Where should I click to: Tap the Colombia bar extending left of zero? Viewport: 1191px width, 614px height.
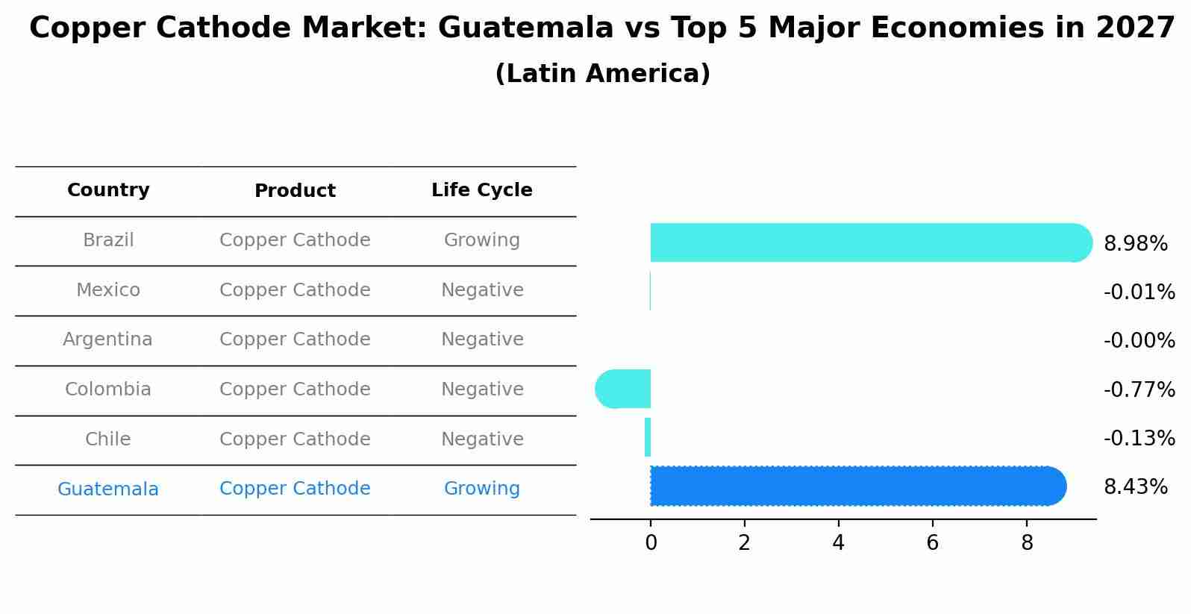(x=623, y=389)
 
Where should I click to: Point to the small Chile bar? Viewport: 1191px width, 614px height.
(x=648, y=437)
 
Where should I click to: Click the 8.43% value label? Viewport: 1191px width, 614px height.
(x=1135, y=487)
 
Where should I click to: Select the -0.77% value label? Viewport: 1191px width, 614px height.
(x=1139, y=389)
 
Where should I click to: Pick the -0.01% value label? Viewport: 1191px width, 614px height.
(x=1139, y=292)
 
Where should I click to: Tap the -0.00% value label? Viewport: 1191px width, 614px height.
(x=1139, y=341)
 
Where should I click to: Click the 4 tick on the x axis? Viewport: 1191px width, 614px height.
(x=838, y=543)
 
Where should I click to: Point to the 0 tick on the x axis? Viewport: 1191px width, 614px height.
(x=651, y=543)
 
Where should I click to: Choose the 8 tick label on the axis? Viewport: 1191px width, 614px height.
(x=1027, y=543)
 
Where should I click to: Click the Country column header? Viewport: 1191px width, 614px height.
(x=108, y=190)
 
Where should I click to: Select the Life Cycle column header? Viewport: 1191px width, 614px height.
(x=482, y=190)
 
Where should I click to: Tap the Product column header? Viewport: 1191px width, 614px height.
(x=295, y=191)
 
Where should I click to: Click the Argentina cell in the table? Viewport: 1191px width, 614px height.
(x=107, y=339)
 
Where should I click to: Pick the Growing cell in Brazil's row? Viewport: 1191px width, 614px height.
(x=482, y=240)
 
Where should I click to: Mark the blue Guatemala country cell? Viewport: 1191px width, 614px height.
(x=108, y=489)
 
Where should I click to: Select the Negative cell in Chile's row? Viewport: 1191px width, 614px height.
(x=482, y=439)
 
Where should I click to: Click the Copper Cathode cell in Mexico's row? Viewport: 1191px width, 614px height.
(x=295, y=290)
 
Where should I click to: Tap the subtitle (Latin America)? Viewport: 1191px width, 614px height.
(x=602, y=74)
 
